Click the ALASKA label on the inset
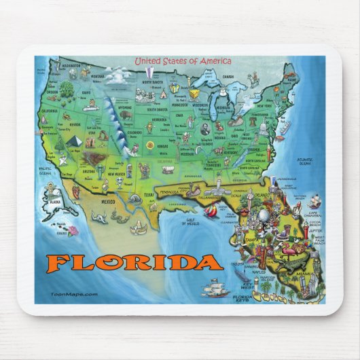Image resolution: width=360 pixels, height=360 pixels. point(53,201)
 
